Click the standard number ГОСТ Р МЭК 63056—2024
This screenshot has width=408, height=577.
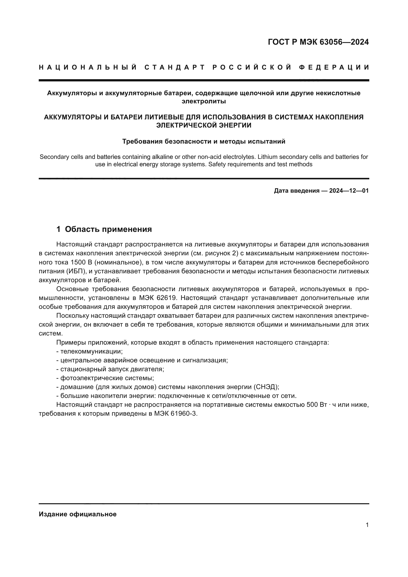tap(318, 42)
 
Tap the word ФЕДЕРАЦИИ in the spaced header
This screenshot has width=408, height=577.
tap(334, 67)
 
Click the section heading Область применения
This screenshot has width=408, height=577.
tap(108, 229)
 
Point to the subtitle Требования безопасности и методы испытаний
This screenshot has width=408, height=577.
tap(204, 142)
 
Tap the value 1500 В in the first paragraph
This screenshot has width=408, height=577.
tap(81, 262)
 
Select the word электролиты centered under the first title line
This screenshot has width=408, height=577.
tap(204, 101)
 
